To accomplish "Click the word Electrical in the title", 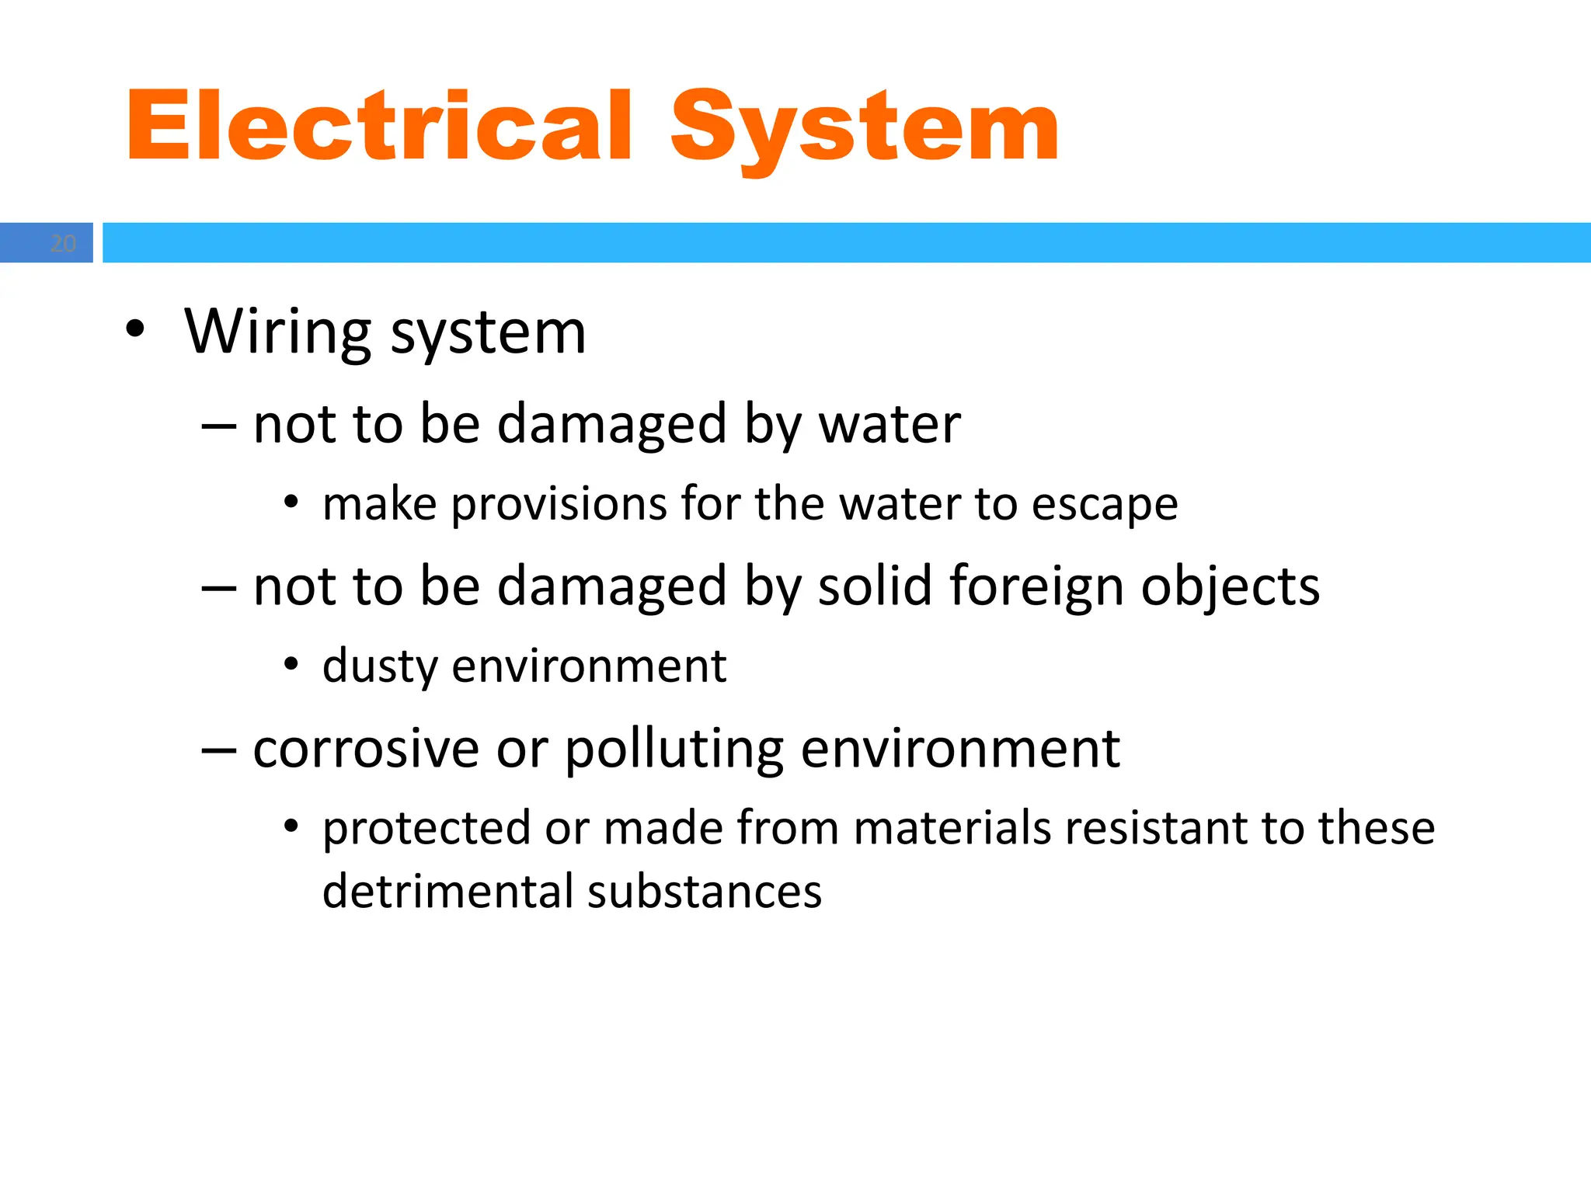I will [379, 126].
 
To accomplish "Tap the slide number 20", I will [63, 244].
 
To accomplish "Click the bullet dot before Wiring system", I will [135, 329].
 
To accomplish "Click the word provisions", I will [559, 504].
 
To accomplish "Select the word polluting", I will [674, 750].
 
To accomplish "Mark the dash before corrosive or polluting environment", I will [218, 749].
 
